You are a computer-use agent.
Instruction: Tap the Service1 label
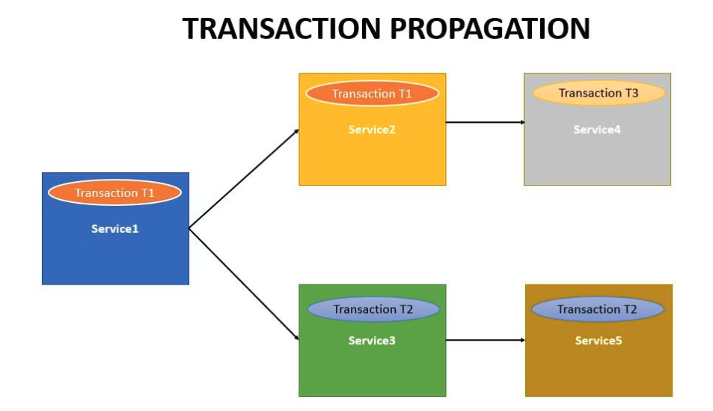[x=114, y=229]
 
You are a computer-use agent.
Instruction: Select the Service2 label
[x=372, y=130]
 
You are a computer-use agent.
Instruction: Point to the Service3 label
[x=372, y=341]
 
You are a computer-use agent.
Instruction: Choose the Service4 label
[x=597, y=130]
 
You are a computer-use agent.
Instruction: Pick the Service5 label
[x=598, y=341]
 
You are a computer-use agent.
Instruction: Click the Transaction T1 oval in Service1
[x=114, y=192]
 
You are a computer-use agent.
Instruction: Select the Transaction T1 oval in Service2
[x=372, y=94]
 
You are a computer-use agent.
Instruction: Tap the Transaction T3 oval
[x=599, y=93]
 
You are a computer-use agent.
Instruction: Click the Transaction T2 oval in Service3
[x=373, y=309]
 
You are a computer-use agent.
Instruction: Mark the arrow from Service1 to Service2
[x=243, y=178]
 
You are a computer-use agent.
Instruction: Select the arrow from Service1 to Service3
[x=243, y=284]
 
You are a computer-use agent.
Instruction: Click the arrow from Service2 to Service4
[x=484, y=121]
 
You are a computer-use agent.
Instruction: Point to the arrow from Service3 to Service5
[x=485, y=340]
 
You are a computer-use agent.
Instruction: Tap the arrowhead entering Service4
[x=521, y=121]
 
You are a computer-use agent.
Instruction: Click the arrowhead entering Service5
[x=522, y=340]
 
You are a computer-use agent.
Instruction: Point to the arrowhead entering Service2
[x=296, y=131]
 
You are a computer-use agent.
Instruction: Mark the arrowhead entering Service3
[x=296, y=338]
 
